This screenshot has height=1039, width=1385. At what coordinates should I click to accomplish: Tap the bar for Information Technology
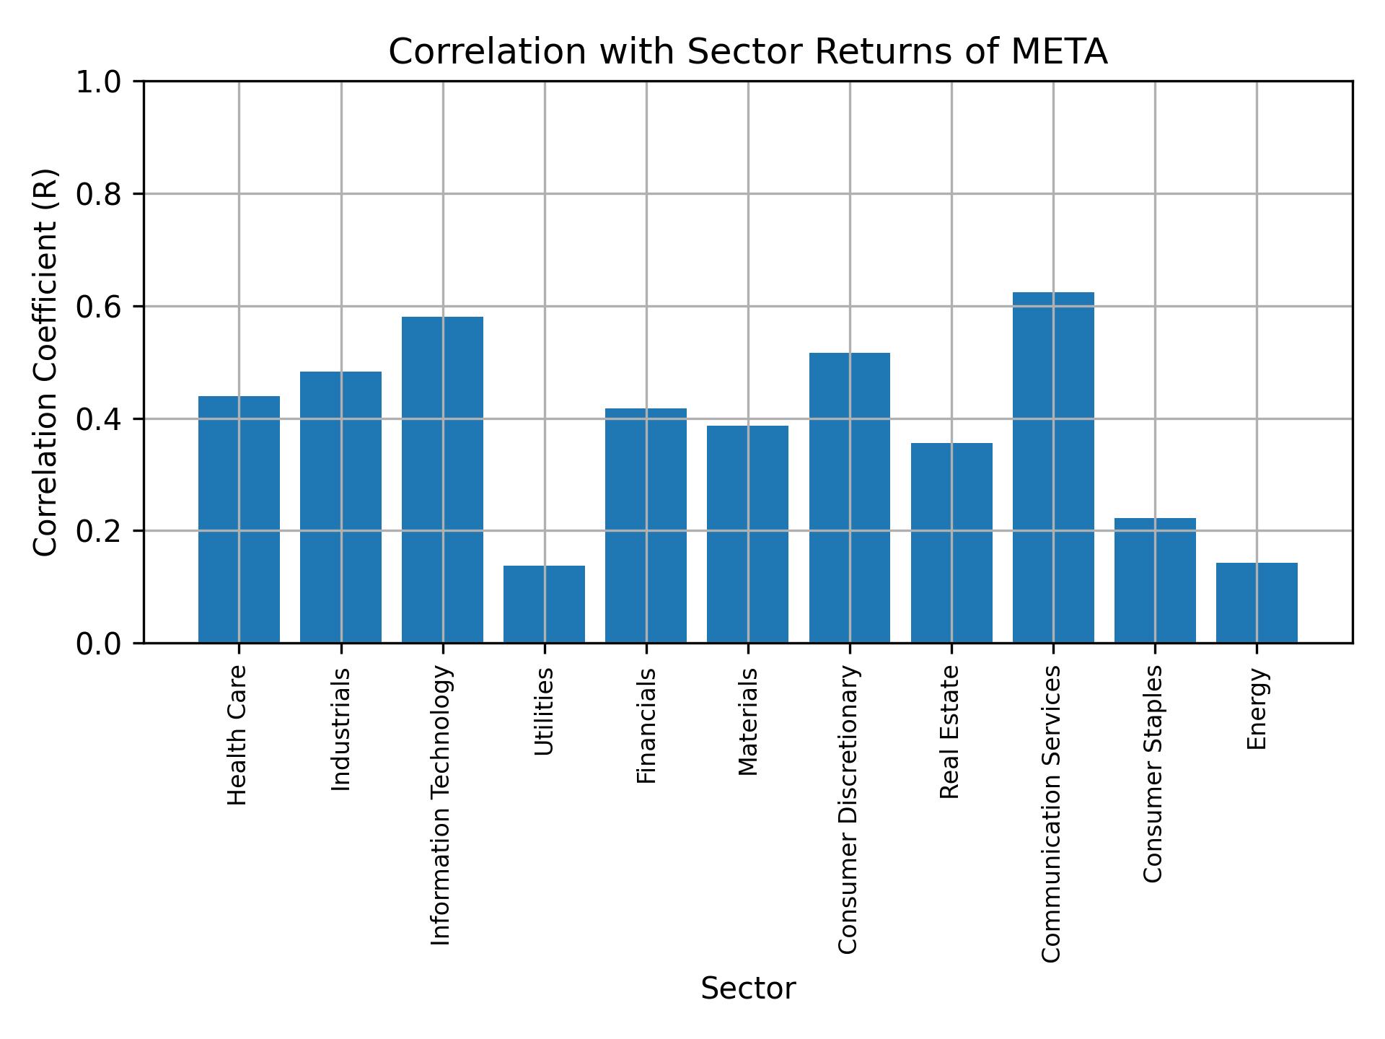442,480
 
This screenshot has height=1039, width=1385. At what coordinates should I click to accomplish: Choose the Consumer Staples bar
1155,580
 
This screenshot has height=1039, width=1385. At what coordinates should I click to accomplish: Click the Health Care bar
239,519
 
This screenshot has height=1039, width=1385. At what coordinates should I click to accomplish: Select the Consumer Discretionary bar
850,498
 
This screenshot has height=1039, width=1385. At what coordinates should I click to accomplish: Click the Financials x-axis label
646,725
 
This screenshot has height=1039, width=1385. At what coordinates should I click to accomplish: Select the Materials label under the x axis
748,722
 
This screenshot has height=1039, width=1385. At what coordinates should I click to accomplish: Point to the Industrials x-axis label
341,729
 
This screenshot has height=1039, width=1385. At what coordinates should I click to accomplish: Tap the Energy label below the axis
1257,709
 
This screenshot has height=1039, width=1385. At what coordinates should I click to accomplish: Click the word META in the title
1059,52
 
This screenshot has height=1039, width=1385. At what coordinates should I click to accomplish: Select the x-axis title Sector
748,988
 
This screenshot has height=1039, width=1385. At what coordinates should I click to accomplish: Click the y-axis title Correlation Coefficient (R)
45,362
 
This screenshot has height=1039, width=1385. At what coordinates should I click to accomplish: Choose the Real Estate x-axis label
950,732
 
